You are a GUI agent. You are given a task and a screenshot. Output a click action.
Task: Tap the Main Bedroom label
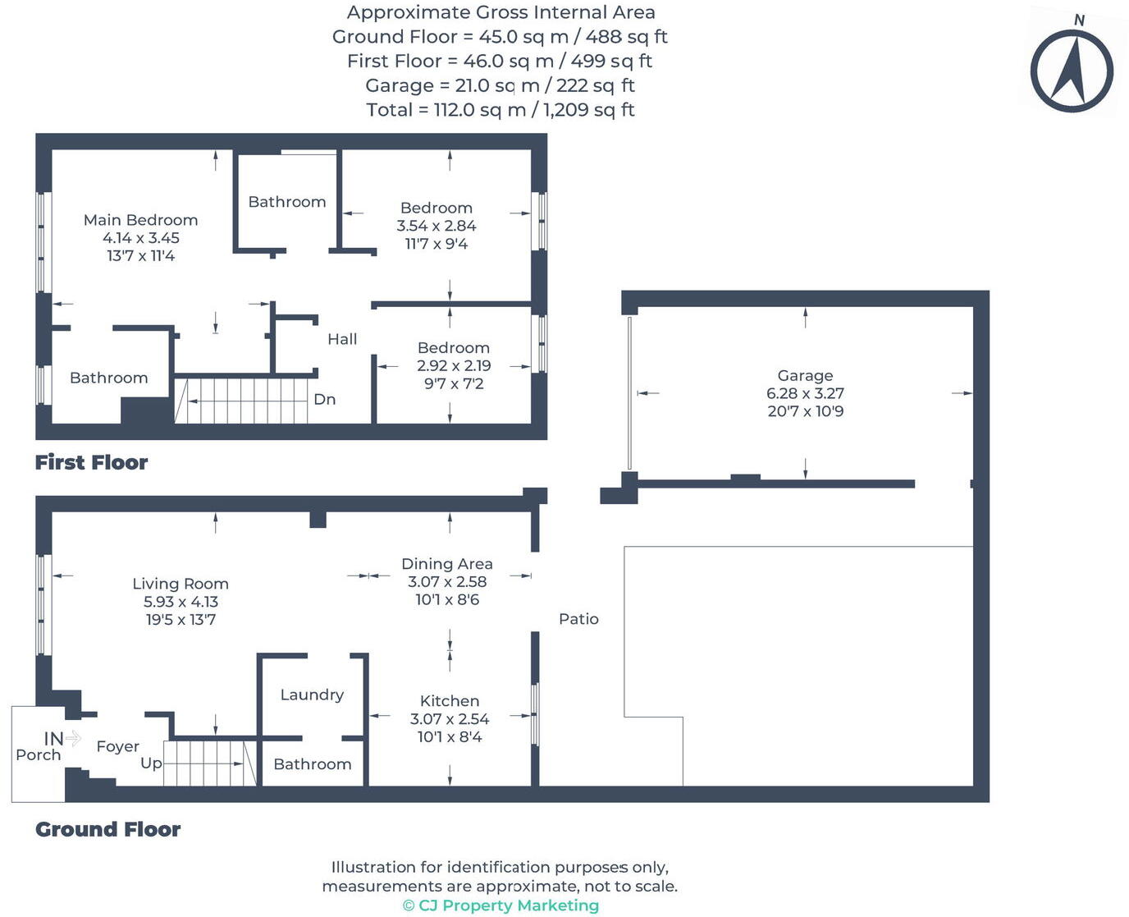click(x=140, y=220)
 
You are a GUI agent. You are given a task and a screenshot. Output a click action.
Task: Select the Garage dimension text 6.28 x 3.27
click(x=805, y=393)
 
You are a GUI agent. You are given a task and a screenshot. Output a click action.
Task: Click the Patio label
click(x=578, y=619)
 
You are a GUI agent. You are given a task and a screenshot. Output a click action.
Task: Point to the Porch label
click(x=39, y=755)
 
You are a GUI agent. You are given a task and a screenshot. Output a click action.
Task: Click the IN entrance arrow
click(x=73, y=738)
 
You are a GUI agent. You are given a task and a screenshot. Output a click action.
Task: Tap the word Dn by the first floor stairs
click(x=325, y=399)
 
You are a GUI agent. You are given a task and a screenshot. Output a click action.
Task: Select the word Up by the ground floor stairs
click(x=151, y=763)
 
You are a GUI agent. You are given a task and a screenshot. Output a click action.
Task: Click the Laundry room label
click(x=312, y=695)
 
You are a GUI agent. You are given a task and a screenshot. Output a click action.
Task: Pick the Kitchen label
click(x=450, y=701)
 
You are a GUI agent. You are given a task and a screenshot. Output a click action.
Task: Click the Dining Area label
click(x=447, y=564)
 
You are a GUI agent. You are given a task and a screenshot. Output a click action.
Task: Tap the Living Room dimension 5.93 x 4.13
click(x=181, y=602)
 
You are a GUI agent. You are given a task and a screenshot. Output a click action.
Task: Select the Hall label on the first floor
click(x=342, y=339)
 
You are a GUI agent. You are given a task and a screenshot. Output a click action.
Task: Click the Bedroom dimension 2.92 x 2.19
click(x=454, y=366)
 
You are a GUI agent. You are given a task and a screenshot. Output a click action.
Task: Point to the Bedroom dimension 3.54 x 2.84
click(x=437, y=226)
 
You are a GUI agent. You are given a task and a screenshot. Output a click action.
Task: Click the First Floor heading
click(x=91, y=463)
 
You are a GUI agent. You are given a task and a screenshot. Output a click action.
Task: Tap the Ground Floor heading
click(x=107, y=830)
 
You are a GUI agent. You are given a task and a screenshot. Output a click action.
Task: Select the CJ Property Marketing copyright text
click(x=501, y=906)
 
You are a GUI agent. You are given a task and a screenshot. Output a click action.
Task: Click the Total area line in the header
click(x=501, y=110)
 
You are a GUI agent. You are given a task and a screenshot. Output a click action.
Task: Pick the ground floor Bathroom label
click(x=312, y=764)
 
